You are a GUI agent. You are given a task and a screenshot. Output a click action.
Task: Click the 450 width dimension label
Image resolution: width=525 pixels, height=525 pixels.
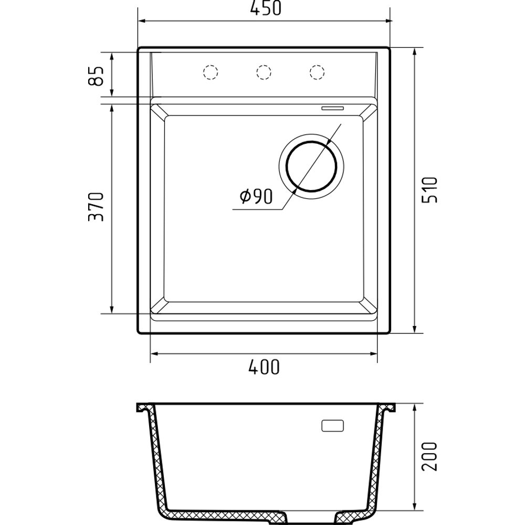point(266,8)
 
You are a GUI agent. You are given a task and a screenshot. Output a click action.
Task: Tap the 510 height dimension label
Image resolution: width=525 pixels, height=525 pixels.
point(429,190)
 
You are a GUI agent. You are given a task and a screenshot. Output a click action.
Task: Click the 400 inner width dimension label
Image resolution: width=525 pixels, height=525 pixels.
point(264,367)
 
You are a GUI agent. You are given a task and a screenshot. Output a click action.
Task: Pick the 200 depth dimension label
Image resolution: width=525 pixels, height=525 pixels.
point(429,457)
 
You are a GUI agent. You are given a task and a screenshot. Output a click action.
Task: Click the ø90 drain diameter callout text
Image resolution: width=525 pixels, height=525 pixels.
point(256,196)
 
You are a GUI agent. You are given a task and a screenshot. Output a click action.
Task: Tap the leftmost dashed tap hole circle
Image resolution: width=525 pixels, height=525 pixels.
point(211,72)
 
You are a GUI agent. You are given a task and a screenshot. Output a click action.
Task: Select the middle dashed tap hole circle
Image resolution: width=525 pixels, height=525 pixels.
point(264,72)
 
